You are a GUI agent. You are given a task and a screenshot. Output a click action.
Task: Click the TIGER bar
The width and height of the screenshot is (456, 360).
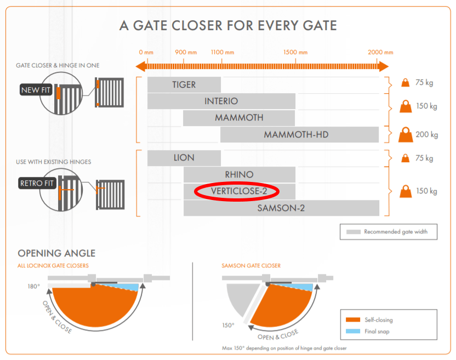184,85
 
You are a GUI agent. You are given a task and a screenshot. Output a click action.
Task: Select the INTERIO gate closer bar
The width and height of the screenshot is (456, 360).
221,101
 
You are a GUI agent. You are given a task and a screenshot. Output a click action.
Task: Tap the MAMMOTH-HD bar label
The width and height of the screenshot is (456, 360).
296,134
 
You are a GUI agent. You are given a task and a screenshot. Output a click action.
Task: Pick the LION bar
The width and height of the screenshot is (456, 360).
184,158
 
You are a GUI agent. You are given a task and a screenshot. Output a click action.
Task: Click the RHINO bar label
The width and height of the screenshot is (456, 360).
239,175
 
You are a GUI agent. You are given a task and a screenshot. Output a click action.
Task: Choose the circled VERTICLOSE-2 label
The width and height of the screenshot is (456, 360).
237,191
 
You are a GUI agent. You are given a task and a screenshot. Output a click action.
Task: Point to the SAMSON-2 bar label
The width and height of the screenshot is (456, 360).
281,208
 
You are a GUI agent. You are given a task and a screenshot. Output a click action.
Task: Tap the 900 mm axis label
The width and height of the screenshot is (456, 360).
186,53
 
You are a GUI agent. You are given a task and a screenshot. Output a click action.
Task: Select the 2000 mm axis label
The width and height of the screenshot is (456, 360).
380,53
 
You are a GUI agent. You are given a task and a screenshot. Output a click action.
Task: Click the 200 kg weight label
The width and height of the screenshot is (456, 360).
427,134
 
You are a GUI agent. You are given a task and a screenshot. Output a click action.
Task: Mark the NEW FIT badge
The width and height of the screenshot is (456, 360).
36,90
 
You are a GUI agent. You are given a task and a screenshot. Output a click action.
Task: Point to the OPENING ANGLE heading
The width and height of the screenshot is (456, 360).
56,253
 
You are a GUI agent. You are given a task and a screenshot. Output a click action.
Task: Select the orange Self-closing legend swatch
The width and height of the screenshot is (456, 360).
352,319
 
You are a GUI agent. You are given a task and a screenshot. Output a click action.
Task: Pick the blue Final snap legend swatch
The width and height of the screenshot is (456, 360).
352,331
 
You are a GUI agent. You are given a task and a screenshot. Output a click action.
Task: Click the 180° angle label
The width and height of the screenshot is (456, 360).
35,286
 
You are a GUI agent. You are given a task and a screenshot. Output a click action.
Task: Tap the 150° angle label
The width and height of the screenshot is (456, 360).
229,324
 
